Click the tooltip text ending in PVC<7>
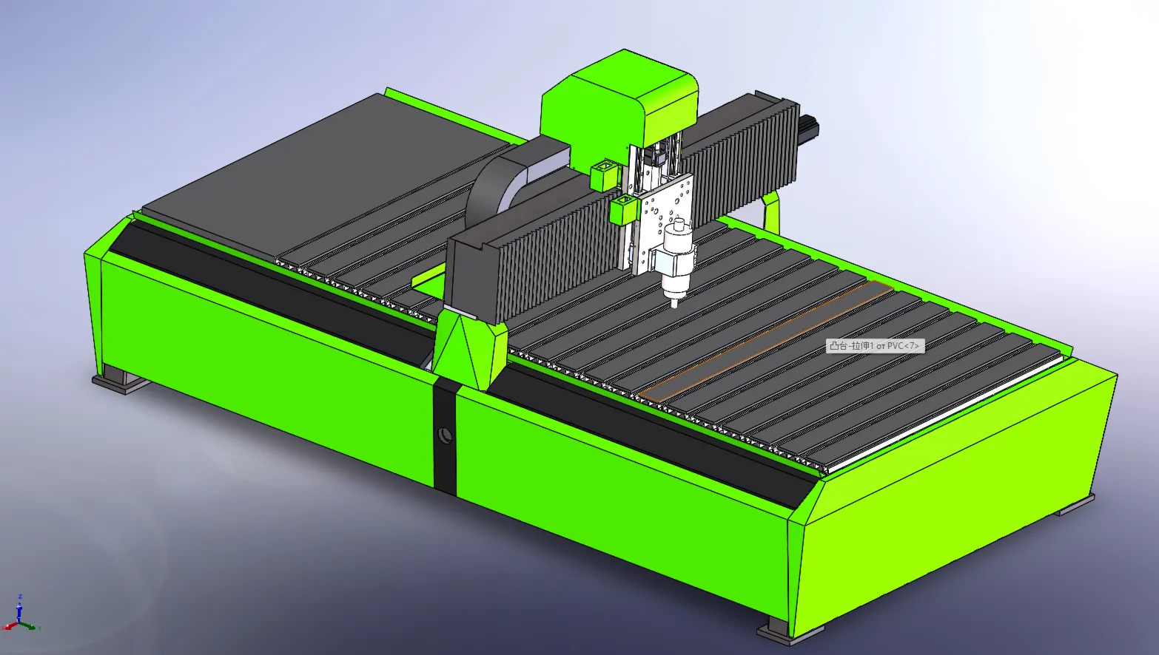pyautogui.click(x=874, y=346)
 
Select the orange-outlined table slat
pyautogui.click(x=766, y=341)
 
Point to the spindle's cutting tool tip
pyautogui.click(x=675, y=306)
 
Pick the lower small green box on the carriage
pyautogui.click(x=625, y=209)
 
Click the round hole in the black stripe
pyautogui.click(x=445, y=435)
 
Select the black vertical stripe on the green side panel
pyautogui.click(x=445, y=438)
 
